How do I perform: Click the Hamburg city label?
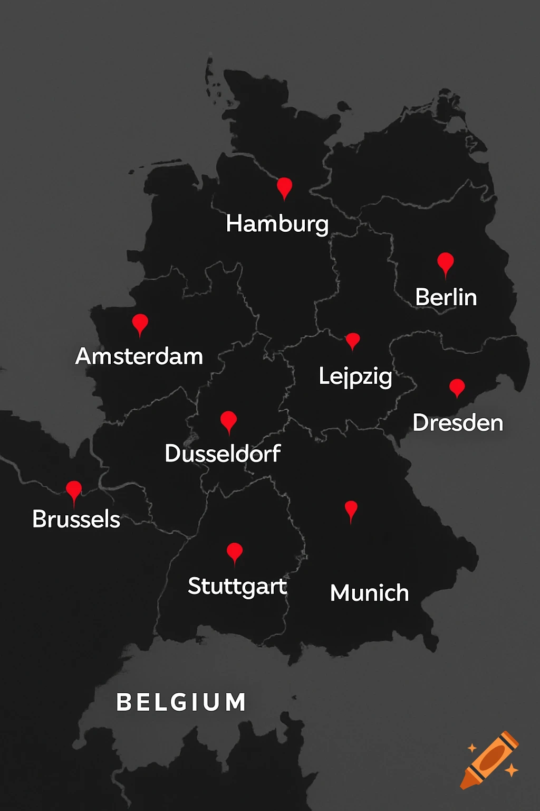tap(277, 224)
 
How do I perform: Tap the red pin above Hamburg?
tap(284, 187)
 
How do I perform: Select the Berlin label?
tap(446, 297)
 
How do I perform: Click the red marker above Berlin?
tap(446, 262)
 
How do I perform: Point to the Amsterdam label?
tap(139, 356)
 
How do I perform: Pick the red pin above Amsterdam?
tap(140, 323)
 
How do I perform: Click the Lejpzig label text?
tap(355, 376)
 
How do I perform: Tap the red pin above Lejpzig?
tap(352, 341)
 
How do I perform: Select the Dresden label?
tap(458, 423)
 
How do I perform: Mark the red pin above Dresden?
tap(457, 387)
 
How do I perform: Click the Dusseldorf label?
tap(223, 454)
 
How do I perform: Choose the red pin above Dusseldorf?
tap(228, 421)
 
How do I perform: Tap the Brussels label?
tap(76, 519)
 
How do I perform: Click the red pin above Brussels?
tap(74, 491)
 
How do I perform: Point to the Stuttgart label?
tap(237, 586)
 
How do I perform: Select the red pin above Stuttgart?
tap(234, 552)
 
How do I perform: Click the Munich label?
tap(369, 593)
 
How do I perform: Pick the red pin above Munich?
tap(351, 510)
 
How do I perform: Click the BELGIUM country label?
tap(181, 702)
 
